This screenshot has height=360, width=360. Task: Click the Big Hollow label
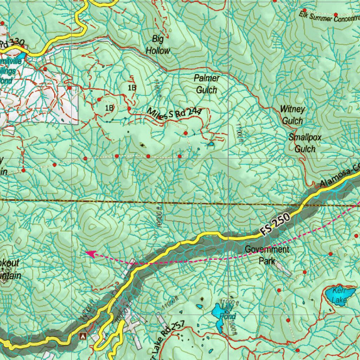click(158, 45)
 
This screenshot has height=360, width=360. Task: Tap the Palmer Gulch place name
click(207, 84)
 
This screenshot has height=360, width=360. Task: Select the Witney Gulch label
click(292, 115)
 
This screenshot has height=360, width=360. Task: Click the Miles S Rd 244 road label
click(174, 114)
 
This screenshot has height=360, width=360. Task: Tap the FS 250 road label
click(275, 224)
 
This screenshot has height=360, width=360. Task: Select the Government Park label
click(267, 255)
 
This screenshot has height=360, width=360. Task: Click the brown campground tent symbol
click(83, 336)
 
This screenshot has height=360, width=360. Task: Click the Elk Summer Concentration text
click(329, 17)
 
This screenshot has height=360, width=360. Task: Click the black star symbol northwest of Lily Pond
click(202, 299)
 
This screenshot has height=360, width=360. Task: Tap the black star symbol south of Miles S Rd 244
click(142, 145)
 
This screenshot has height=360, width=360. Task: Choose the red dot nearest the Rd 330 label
click(22, 46)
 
